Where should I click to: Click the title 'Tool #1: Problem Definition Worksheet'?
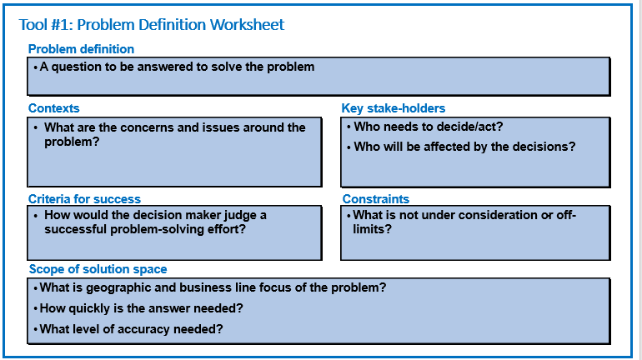[x=152, y=25]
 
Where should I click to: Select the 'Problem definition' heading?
[x=81, y=49]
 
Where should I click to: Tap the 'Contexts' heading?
[x=53, y=108]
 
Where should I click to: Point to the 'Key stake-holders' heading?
[x=393, y=108]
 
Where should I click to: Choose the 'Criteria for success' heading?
[x=84, y=199]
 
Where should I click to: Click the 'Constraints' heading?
[x=376, y=199]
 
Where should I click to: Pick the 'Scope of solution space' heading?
[x=98, y=269]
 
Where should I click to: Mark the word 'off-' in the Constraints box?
[x=566, y=215]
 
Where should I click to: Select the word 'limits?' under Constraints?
[x=372, y=229]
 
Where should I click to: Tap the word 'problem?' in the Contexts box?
[x=72, y=142]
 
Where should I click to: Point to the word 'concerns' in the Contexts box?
[x=147, y=127]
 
